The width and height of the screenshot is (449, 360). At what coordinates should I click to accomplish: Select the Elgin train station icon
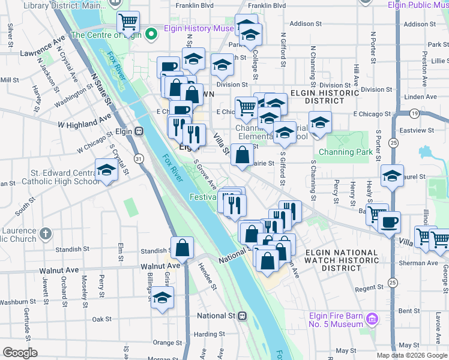pos(139,131)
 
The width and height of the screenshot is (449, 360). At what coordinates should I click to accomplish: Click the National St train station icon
pos(242,316)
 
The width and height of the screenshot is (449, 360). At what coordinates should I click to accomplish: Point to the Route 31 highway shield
pos(139,158)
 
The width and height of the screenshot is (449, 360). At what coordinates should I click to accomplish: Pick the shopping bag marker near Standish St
pos(182,247)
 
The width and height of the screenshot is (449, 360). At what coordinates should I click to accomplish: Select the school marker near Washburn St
pos(162,298)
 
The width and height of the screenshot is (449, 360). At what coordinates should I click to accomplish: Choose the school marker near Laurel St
pos(392,176)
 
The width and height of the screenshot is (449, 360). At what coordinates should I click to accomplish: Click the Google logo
pos(20,353)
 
